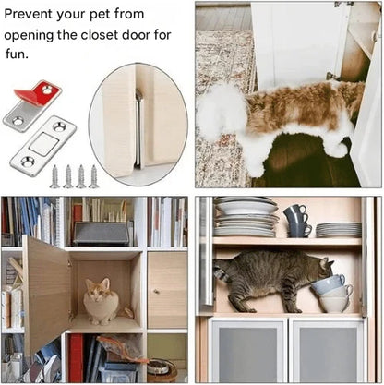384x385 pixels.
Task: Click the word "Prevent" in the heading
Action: [33, 15]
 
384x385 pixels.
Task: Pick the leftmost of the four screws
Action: [54, 176]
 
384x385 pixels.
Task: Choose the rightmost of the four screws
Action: [93, 176]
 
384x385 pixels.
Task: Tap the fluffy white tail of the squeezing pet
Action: [221, 111]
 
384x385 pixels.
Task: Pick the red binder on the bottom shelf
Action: [75, 356]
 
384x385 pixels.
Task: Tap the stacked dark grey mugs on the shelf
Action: [295, 221]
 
